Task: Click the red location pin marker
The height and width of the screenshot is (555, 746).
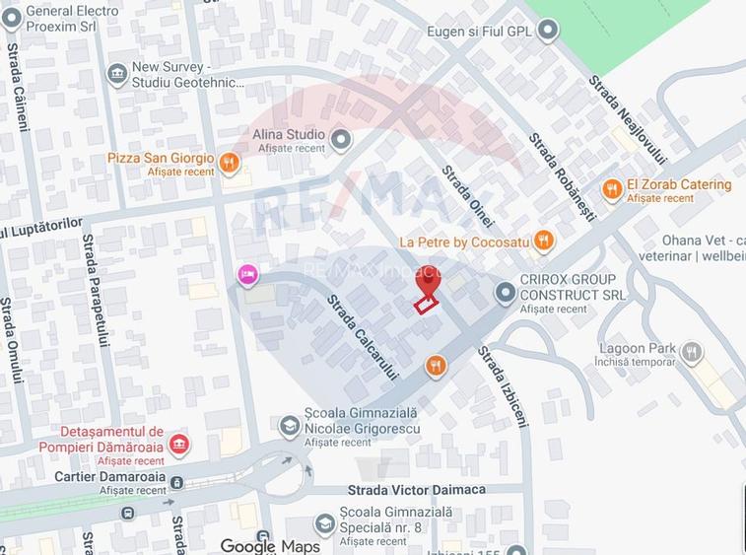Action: pos(427,282)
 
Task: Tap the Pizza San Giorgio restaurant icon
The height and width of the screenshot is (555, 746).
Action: pos(230,163)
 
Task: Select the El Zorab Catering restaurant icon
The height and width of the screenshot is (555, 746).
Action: pos(612,189)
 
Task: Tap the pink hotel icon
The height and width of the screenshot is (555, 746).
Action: pos(247,275)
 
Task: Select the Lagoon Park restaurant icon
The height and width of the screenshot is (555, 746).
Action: pos(692,352)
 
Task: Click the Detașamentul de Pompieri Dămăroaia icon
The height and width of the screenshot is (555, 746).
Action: pos(178,445)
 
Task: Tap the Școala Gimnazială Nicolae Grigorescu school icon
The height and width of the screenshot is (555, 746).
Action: pos(290,425)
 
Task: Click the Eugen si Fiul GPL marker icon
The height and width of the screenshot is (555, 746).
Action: pos(548,31)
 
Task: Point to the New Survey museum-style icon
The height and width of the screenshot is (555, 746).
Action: pos(117,75)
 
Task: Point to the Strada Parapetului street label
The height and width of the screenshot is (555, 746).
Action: pos(95,290)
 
